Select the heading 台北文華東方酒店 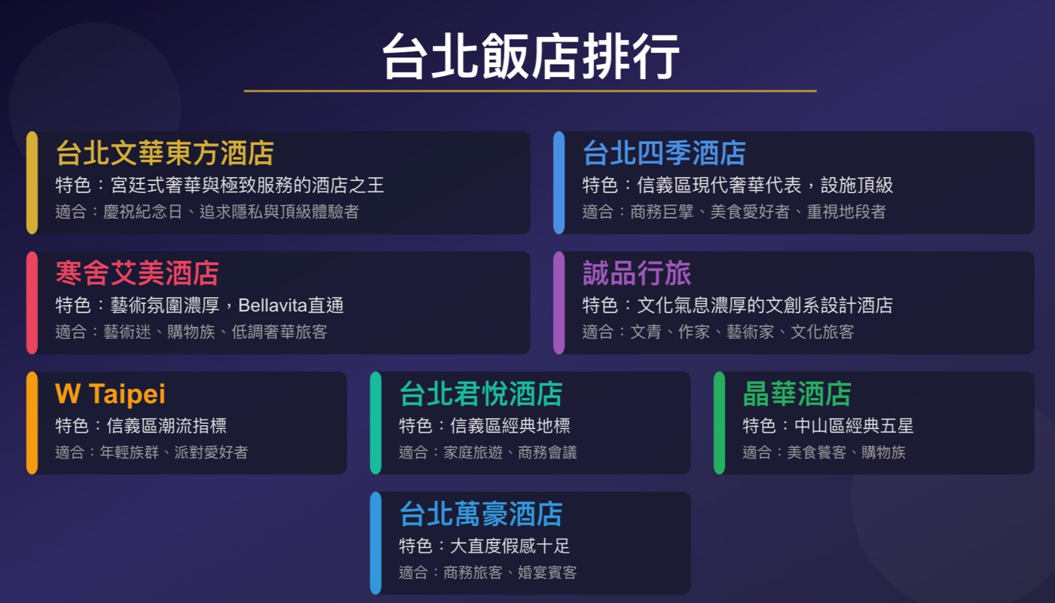(164, 153)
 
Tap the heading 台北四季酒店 (664, 153)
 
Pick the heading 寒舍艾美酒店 (137, 273)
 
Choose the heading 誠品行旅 (637, 273)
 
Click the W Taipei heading (110, 393)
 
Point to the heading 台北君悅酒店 (481, 393)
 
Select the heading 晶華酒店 (797, 393)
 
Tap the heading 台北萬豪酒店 (481, 514)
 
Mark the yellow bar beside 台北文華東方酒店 (32, 182)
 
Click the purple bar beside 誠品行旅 (558, 302)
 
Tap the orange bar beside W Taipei (32, 423)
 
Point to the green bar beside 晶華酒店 (719, 423)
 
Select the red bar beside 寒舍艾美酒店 (32, 302)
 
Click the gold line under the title (530, 91)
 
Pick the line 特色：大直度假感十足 (485, 546)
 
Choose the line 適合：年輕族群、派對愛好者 (151, 452)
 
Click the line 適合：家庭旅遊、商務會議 (488, 452)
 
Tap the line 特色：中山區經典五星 (827, 426)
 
